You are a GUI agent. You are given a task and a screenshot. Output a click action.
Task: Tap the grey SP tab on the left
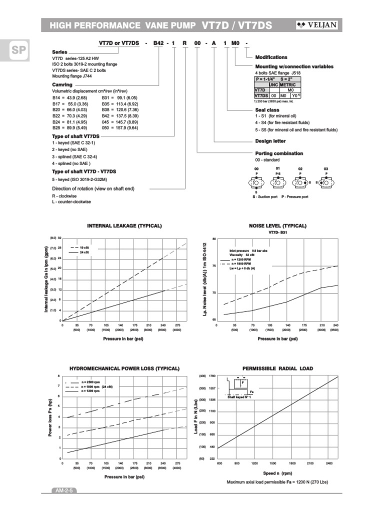coord(14,50)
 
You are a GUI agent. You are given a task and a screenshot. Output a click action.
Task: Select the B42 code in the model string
coord(158,43)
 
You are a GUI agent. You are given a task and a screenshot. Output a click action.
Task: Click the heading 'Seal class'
coord(267,110)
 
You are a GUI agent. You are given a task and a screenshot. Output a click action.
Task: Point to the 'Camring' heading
coord(62,85)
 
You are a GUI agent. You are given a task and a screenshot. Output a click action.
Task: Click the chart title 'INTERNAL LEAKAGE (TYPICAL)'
coord(124,226)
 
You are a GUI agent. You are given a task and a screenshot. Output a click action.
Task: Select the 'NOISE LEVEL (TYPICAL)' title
coord(277,226)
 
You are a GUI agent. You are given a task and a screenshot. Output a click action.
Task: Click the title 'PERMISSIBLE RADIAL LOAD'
coord(277,368)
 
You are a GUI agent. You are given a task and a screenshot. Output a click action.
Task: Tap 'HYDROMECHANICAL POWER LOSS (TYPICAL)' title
coord(124,368)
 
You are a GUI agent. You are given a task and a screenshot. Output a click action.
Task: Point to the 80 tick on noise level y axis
coord(214,239)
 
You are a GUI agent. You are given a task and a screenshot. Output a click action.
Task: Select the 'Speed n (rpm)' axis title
coord(277,473)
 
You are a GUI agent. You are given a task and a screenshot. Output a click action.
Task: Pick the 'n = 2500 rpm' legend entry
coord(89,382)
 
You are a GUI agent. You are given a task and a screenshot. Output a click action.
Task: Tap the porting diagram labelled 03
coord(326,183)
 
